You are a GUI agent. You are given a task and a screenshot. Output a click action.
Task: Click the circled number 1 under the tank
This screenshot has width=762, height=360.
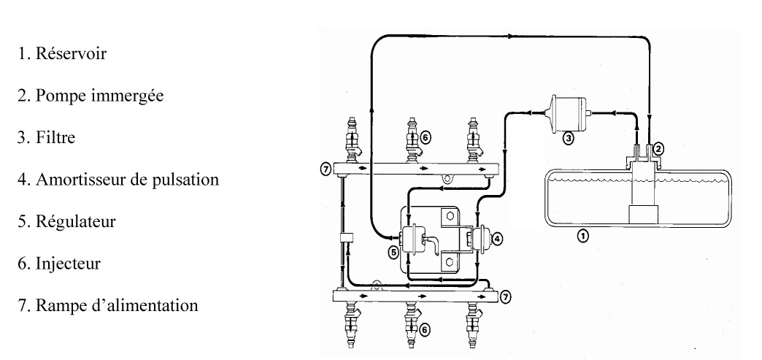pos(582,235)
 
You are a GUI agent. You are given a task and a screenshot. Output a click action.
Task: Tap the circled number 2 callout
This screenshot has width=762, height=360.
pos(658,148)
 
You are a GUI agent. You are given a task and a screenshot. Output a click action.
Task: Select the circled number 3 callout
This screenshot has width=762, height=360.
pos(569,137)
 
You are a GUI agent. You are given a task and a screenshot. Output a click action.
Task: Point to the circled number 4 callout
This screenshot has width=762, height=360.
pos(498,238)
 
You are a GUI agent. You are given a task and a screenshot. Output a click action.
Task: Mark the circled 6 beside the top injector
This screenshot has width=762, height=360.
pos(426,135)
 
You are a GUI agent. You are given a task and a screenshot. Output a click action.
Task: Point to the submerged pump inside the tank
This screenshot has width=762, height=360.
pos(643,197)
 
